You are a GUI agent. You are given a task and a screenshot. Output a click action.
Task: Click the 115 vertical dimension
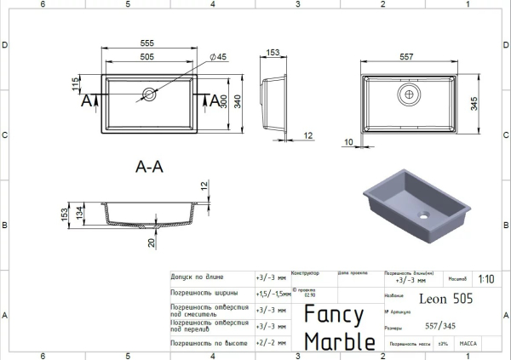click(x=76, y=84)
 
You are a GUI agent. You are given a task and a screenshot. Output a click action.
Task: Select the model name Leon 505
click(x=446, y=298)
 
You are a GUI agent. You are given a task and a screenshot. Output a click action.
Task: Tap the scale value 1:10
click(x=487, y=278)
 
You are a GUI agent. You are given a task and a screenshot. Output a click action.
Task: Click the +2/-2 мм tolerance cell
click(x=268, y=342)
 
